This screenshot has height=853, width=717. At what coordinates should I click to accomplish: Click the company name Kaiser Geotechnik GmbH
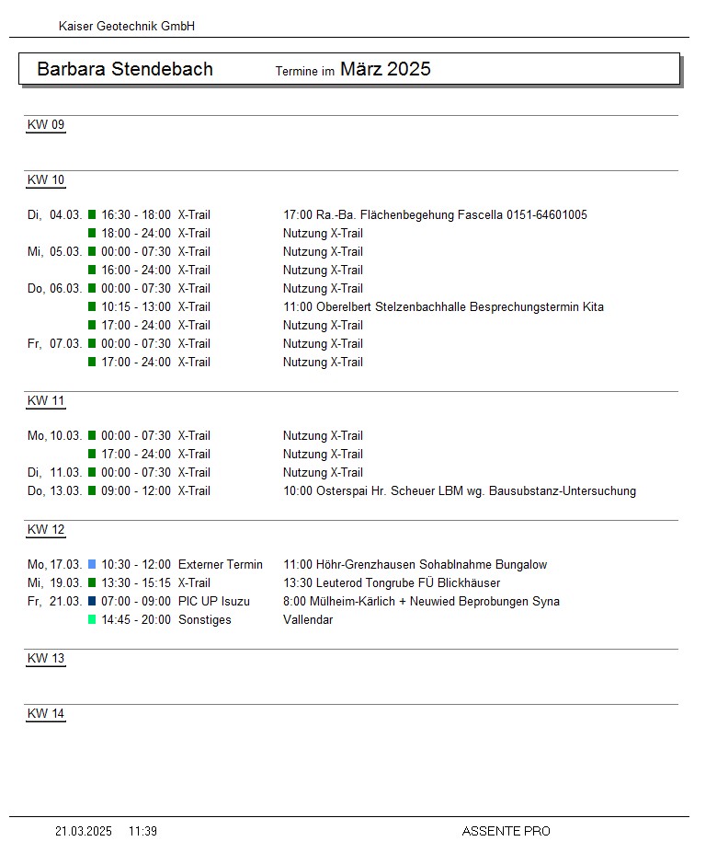[127, 27]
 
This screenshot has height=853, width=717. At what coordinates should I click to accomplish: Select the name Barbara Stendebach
[125, 69]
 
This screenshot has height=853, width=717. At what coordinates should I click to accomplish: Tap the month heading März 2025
[385, 69]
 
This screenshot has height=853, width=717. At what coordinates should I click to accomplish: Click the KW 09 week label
[46, 125]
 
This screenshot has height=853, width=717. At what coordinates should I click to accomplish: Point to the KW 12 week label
[46, 530]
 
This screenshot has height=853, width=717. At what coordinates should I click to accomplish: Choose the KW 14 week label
[46, 714]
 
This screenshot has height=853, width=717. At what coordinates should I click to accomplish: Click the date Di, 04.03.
[54, 215]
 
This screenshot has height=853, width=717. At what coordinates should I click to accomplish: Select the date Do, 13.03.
[54, 491]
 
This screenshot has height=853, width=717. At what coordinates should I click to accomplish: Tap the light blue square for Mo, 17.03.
[92, 565]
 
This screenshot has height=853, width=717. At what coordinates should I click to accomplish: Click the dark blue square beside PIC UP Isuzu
[92, 602]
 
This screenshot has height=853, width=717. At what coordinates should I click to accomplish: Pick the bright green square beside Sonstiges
[92, 620]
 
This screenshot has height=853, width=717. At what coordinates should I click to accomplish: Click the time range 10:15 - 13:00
[136, 307]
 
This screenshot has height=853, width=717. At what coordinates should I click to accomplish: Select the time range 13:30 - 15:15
[136, 583]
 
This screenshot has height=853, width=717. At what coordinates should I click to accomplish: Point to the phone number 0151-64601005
[547, 215]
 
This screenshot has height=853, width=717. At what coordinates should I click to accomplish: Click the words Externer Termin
[221, 565]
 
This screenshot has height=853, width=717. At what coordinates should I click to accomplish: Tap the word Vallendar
[308, 620]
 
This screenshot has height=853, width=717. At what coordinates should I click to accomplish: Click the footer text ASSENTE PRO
[506, 832]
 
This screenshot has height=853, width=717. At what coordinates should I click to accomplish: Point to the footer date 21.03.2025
[84, 832]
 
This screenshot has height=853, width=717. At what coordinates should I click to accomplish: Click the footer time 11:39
[142, 832]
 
